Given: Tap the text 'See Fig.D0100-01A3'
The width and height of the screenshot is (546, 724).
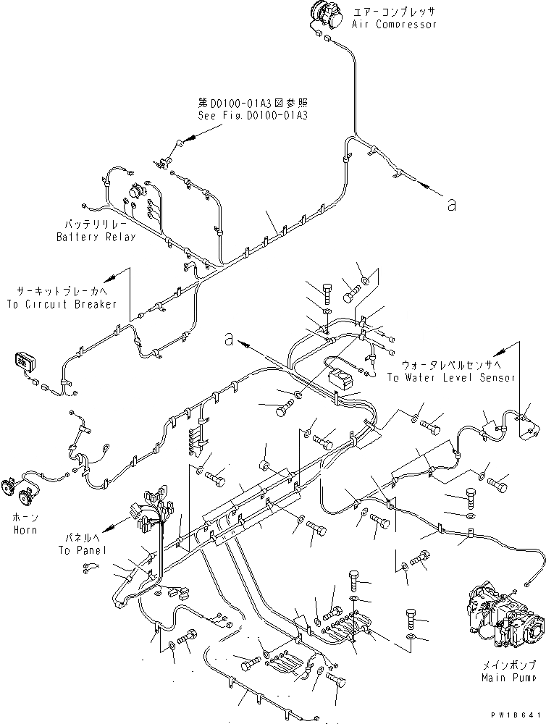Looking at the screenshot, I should click(252, 115).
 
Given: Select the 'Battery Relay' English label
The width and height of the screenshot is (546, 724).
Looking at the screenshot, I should click(96, 237).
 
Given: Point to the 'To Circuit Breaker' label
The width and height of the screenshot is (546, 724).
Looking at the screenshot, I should click(62, 305).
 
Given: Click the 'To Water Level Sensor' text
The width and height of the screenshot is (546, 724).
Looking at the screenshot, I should click(451, 378).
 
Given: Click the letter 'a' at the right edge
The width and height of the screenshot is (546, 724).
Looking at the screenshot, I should click(451, 206).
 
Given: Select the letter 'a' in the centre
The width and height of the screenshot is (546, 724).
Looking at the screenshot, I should click(229, 338).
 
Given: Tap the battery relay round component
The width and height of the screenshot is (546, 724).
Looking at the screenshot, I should click(135, 193).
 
